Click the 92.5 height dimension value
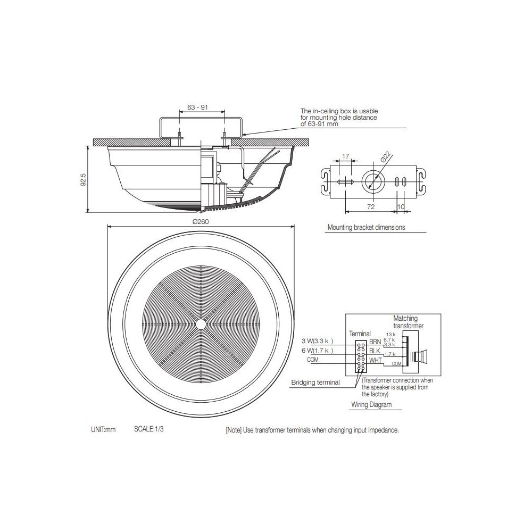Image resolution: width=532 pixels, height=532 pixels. click(84, 179)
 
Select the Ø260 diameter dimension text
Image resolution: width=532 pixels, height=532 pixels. click(201, 222)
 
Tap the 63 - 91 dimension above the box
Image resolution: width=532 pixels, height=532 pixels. click(197, 107)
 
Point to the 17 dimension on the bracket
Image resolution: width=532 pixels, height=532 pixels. click(345, 156)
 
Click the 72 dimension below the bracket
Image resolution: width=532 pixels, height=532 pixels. click(371, 206)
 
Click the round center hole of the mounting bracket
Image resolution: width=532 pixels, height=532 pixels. click(373, 180)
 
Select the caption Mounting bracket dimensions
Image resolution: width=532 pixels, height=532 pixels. click(366, 227)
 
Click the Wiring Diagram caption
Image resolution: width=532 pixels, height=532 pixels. click(371, 404)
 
